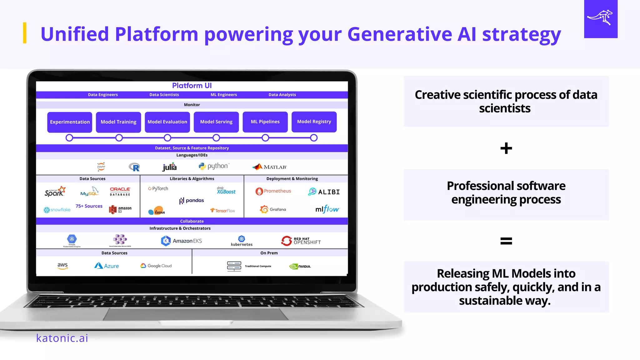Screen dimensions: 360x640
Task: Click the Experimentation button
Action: [x=70, y=122]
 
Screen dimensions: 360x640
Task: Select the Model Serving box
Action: [x=216, y=122]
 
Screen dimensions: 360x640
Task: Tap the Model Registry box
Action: [x=314, y=122]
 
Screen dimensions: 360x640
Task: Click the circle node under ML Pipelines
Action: [x=265, y=138]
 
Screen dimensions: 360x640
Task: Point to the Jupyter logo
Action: [x=101, y=167]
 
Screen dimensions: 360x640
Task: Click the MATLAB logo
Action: [x=269, y=167]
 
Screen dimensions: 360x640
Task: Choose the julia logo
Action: [x=169, y=167]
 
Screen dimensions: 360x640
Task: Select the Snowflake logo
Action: [x=57, y=210]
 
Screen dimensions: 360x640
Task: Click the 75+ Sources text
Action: [x=89, y=206]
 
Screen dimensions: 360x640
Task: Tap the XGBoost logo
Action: [x=226, y=191]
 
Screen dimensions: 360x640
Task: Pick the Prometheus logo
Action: [x=273, y=191]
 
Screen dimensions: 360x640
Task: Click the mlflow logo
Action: [x=327, y=209]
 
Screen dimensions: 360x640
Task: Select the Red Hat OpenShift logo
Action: [x=301, y=241]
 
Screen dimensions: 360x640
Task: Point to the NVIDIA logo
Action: [x=300, y=266]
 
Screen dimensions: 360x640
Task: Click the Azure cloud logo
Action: [x=107, y=266]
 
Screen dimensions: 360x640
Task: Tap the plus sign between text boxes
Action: [x=506, y=148]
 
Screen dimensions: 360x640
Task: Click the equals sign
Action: [x=506, y=241]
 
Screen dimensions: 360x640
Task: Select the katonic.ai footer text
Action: [x=62, y=338]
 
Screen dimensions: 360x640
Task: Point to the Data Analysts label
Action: [x=282, y=95]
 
